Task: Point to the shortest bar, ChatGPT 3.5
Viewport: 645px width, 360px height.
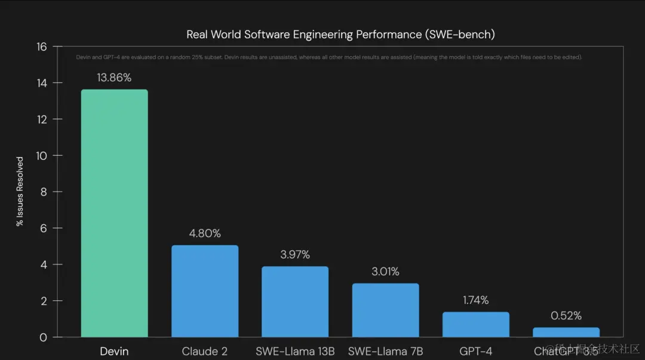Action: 566,332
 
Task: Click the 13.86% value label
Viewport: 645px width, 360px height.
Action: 114,78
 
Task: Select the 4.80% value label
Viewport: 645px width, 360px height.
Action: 205,233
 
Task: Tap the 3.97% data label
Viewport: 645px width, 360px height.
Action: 295,255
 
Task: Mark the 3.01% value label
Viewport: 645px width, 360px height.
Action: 385,272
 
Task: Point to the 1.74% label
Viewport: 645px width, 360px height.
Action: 475,300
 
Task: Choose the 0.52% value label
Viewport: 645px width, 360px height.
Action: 566,316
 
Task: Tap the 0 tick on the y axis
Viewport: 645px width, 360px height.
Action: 44,337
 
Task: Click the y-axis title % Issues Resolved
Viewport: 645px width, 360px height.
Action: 20,192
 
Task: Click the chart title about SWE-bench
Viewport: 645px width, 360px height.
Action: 340,34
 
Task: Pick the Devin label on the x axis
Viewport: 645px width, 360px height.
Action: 114,351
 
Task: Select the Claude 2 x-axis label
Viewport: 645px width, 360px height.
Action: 205,351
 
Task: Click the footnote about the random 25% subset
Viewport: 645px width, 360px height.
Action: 328,57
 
